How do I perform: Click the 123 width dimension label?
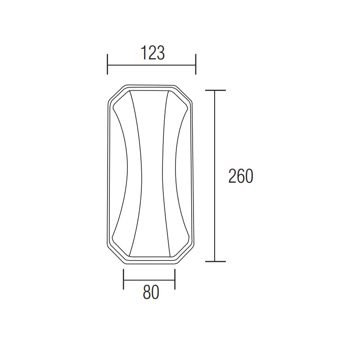[153, 53]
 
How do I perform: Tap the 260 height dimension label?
[241, 176]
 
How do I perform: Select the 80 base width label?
[151, 292]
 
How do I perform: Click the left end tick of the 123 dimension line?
[108, 64]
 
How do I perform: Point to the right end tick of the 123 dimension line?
[196, 64]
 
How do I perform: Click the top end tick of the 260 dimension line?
[216, 90]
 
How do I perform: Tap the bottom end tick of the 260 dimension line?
[216, 261]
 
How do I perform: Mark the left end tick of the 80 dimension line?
[123, 279]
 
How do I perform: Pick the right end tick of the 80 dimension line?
[175, 279]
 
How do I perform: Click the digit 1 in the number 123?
[144, 53]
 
